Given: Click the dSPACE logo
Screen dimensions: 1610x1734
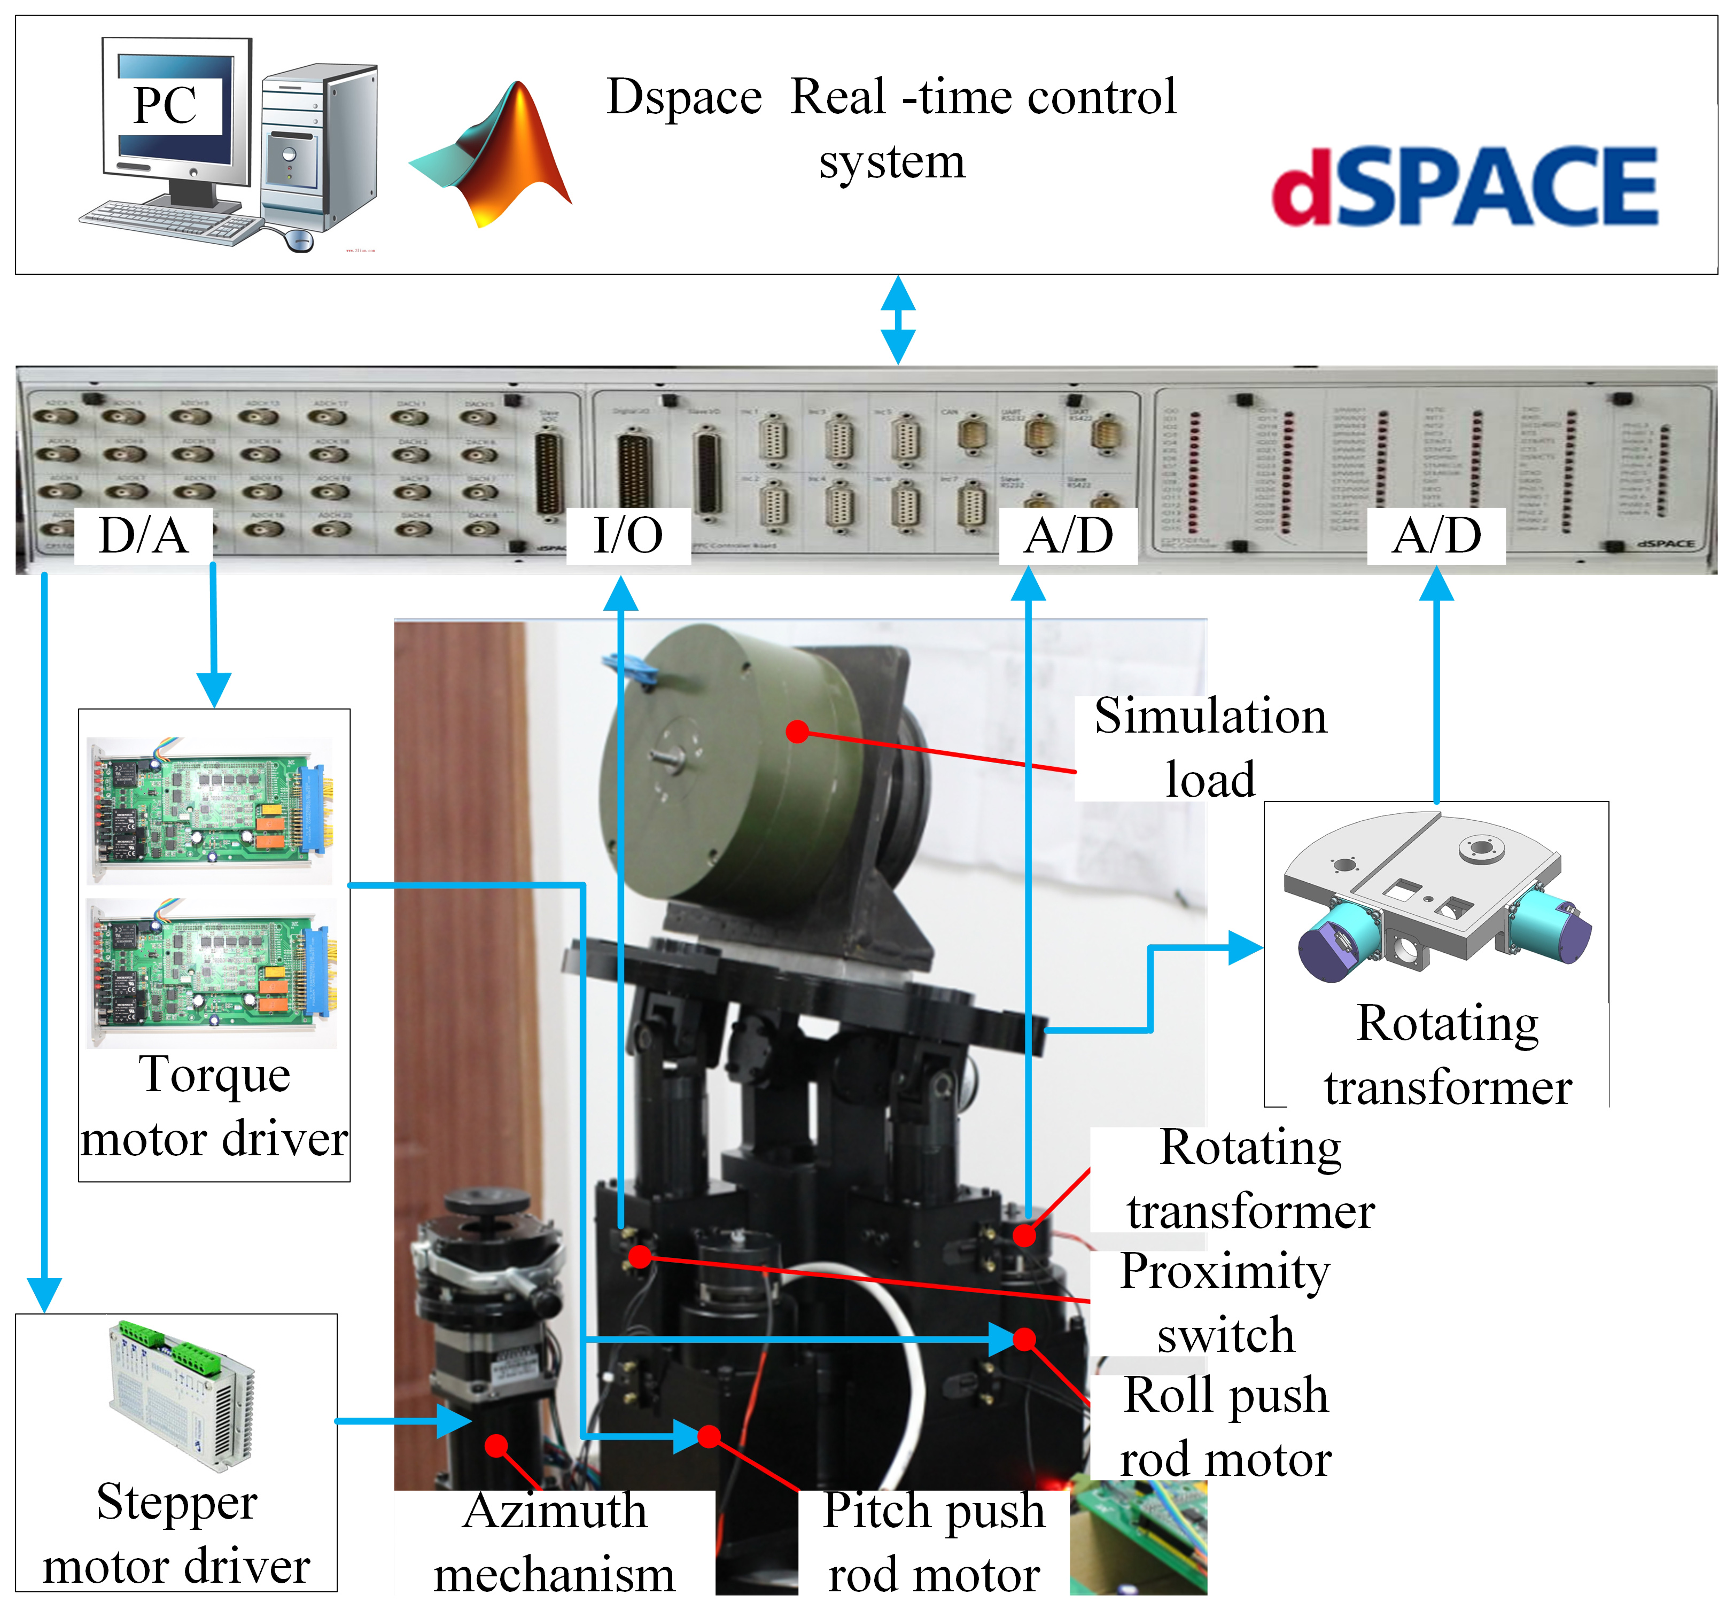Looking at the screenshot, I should coord(1464,185).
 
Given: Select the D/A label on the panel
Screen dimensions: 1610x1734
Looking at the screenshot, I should coord(144,535).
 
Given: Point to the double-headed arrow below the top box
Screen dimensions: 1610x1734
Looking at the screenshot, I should coord(898,320).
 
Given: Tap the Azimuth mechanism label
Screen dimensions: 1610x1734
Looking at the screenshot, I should coord(555,1543).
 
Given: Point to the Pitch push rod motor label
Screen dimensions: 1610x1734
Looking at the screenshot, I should coord(933,1543).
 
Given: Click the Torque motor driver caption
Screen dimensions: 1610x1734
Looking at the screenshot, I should coord(214,1107).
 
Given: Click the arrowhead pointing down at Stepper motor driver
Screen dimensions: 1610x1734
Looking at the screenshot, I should coord(44,1294).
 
